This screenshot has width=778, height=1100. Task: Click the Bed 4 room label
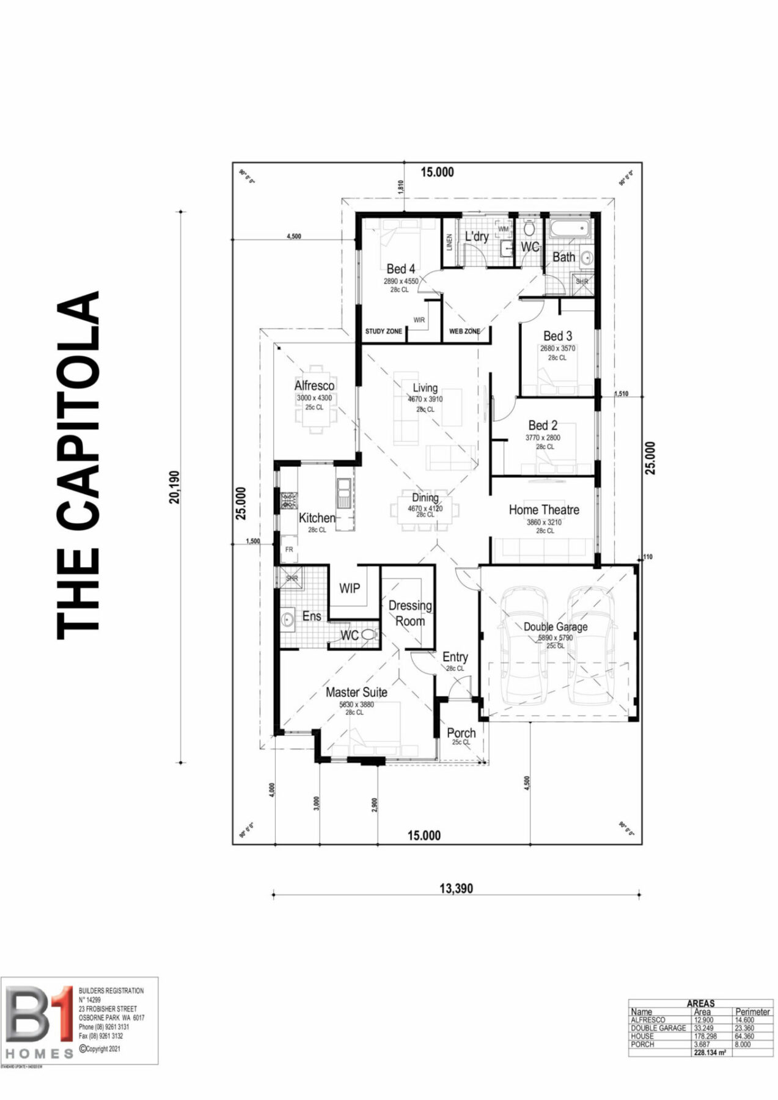(400, 269)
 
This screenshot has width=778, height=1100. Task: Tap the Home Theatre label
(543, 510)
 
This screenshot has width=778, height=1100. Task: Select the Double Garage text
(555, 626)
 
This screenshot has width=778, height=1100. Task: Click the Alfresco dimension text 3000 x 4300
(314, 398)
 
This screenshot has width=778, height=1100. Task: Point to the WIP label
(349, 588)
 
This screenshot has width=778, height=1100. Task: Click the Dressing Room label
(409, 613)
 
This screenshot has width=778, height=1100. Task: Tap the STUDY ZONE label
(383, 331)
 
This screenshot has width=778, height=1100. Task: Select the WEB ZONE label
(464, 331)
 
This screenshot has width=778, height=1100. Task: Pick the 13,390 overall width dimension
(456, 889)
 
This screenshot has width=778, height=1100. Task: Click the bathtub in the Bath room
(570, 230)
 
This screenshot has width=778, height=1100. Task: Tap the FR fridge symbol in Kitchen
(289, 549)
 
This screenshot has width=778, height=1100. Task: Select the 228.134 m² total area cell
(710, 1053)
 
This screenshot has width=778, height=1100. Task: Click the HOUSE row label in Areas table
(642, 1036)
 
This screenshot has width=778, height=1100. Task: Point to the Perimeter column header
(752, 1012)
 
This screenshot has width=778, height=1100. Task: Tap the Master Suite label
(356, 692)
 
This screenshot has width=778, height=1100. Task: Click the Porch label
(461, 733)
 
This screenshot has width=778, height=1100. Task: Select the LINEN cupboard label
(449, 243)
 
